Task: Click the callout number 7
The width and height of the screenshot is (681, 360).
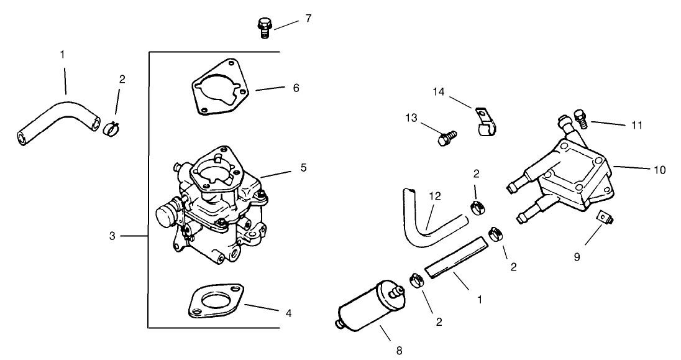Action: (308, 18)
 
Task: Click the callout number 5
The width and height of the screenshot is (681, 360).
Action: (303, 167)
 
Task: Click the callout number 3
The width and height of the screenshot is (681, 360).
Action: (112, 236)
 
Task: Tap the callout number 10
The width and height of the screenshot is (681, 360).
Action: (659, 169)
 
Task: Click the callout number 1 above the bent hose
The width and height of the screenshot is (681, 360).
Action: (62, 55)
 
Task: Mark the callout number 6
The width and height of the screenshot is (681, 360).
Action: (296, 88)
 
